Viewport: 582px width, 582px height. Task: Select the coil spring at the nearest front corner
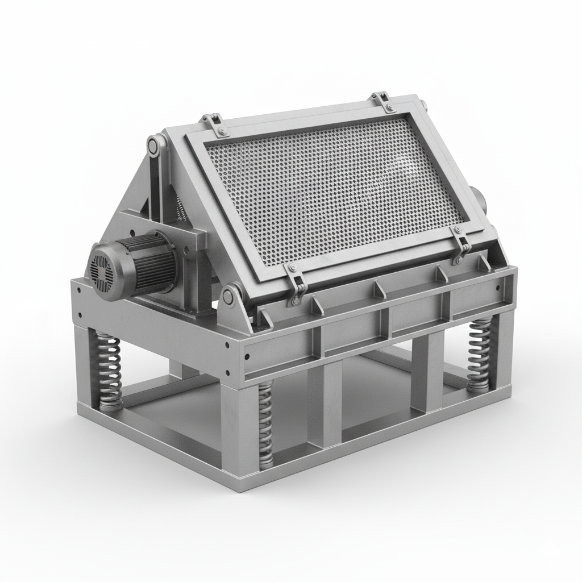265,423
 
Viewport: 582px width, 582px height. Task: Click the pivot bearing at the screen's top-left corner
154,145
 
